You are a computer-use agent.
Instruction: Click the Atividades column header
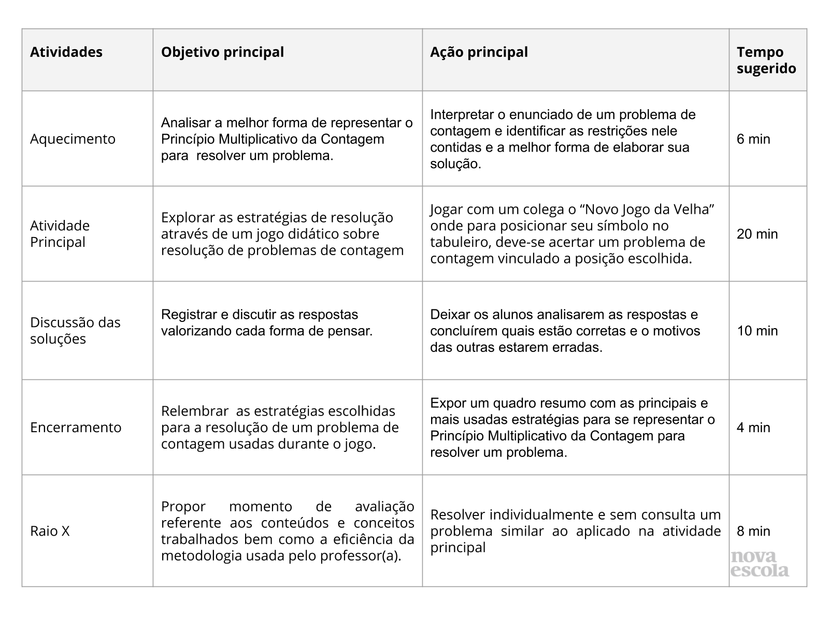pyautogui.click(x=66, y=52)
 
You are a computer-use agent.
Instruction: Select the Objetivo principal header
pyautogui.click(x=222, y=52)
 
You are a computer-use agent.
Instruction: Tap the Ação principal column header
pyautogui.click(x=479, y=52)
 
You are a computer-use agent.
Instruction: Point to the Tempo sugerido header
pyautogui.click(x=766, y=60)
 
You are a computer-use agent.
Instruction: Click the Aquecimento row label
pyautogui.click(x=73, y=139)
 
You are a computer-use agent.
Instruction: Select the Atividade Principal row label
pyautogui.click(x=60, y=233)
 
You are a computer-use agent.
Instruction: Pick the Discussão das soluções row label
pyautogui.click(x=75, y=330)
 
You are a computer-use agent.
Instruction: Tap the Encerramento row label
pyautogui.click(x=76, y=427)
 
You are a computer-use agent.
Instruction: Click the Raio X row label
pyautogui.click(x=50, y=531)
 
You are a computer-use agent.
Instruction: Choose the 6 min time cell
pyautogui.click(x=753, y=139)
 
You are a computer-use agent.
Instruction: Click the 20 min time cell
pyautogui.click(x=757, y=234)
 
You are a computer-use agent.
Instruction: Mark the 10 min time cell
pyautogui.click(x=757, y=331)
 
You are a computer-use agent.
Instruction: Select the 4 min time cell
pyautogui.click(x=753, y=427)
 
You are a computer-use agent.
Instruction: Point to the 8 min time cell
pyautogui.click(x=753, y=531)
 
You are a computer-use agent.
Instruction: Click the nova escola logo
pyautogui.click(x=760, y=564)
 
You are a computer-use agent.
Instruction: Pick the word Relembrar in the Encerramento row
pyautogui.click(x=195, y=411)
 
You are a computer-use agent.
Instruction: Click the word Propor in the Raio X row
pyautogui.click(x=183, y=506)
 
